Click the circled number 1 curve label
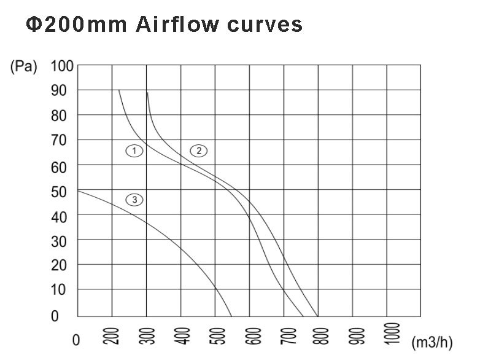pyautogui.click(x=134, y=150)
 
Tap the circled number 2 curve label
pyautogui.click(x=198, y=150)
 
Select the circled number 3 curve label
pyautogui.click(x=134, y=199)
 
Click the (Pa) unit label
pyautogui.click(x=24, y=66)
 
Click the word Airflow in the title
pyautogui.click(x=178, y=24)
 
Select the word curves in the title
pyautogui.click(x=265, y=24)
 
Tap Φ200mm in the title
pyautogui.click(x=76, y=24)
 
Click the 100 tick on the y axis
pyautogui.click(x=62, y=66)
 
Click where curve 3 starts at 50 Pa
pyautogui.click(x=78, y=190)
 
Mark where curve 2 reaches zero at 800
pyautogui.click(x=318, y=316)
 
